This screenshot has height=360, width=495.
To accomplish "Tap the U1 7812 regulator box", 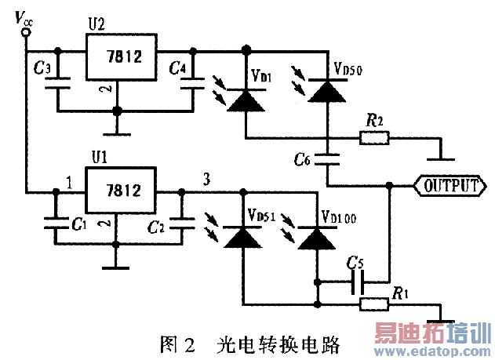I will (121, 191).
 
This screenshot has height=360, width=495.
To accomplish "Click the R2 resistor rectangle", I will (374, 139).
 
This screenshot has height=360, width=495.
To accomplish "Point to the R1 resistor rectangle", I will (373, 304).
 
